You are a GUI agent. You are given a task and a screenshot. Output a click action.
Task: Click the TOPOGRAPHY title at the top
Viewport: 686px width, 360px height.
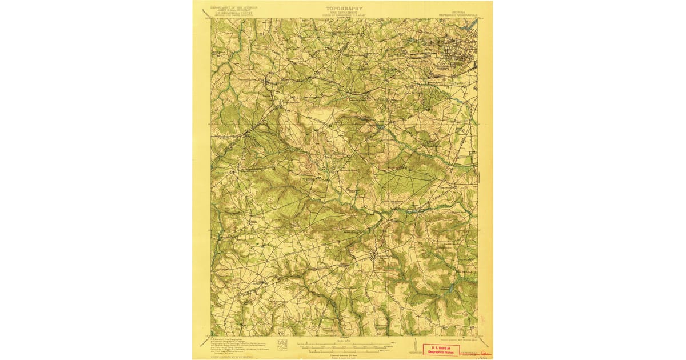(x=344, y=9)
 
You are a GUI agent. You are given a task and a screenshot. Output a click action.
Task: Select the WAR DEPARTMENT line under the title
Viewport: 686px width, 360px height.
(x=344, y=13)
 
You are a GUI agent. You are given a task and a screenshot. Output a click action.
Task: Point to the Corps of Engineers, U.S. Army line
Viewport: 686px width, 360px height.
(x=344, y=16)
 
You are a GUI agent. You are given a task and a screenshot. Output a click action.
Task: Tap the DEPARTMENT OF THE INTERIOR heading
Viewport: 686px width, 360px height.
(x=234, y=8)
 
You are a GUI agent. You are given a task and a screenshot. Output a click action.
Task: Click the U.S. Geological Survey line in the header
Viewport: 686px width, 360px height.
(x=234, y=14)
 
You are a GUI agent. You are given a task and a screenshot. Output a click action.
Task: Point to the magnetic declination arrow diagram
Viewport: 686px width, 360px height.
(x=413, y=345)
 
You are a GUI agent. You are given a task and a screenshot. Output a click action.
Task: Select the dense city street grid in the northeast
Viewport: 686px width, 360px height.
(x=457, y=54)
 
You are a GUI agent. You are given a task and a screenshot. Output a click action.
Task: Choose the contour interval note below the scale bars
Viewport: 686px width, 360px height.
(x=343, y=355)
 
